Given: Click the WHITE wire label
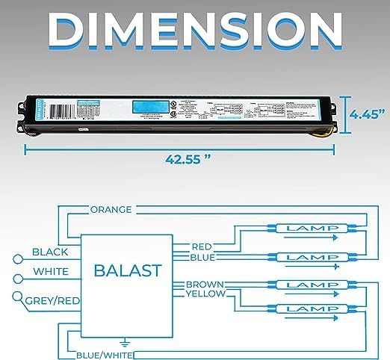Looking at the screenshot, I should [x=52, y=272].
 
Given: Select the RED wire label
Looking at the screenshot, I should [x=202, y=246].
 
